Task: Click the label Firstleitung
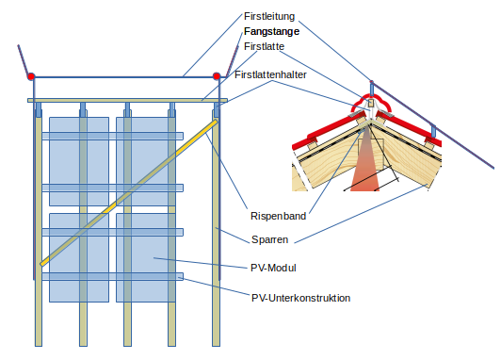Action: (269, 16)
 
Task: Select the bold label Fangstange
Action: (271, 31)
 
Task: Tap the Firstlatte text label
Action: (264, 46)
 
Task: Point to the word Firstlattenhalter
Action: (270, 74)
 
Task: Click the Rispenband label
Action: (279, 216)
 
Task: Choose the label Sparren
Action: (269, 239)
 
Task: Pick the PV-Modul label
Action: (273, 268)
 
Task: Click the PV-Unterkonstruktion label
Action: (300, 298)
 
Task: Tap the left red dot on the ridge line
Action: (31, 76)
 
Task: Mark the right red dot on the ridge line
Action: (217, 76)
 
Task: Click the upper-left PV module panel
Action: (79, 161)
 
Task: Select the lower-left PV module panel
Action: (79, 257)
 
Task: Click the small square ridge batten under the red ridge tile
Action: (371, 103)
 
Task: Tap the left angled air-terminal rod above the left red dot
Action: (24, 60)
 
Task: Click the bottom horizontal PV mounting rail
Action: (112, 276)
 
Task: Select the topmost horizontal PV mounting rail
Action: (112, 136)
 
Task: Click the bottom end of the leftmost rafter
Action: (39, 346)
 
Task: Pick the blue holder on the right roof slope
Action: (433, 131)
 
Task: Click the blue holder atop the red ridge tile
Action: (372, 89)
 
